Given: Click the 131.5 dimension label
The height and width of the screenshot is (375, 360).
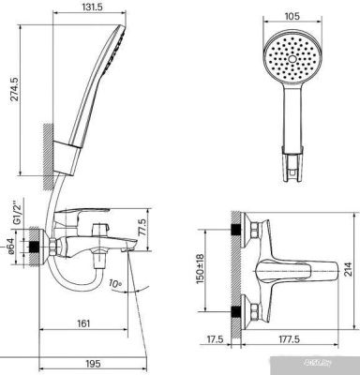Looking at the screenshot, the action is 89,7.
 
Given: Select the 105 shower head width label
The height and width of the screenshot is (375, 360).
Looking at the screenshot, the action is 292,16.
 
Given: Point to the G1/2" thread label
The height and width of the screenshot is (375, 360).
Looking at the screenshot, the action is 17,212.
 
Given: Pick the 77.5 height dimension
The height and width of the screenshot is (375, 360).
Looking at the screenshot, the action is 142,227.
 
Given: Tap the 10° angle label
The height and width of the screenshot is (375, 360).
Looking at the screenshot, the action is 114,284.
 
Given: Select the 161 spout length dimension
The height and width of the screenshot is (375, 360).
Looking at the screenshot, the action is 82,323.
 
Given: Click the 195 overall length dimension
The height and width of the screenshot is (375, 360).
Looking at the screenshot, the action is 93,364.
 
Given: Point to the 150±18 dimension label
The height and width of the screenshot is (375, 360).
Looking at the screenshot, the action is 200,269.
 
